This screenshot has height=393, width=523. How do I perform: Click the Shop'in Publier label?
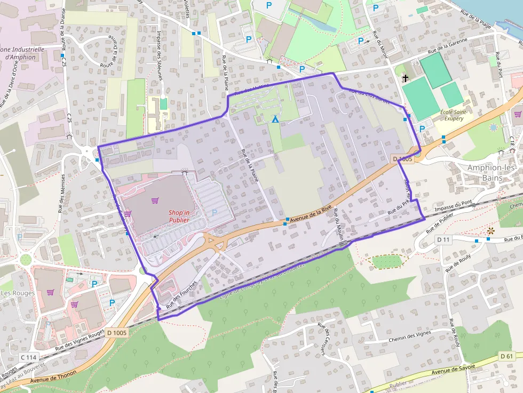coord(179,215)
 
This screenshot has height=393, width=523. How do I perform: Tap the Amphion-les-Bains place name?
coord(492,172)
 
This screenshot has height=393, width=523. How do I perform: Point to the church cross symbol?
coord(405,78)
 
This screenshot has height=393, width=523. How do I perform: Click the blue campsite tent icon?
coord(275,119)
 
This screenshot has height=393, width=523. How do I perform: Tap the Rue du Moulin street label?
coord(337,227)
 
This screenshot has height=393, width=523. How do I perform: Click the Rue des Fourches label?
coord(181,295)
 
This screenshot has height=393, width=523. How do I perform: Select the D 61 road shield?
coord(507,356)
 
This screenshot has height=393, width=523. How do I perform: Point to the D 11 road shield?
coord(443,240)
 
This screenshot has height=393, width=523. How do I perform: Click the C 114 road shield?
coord(29,357)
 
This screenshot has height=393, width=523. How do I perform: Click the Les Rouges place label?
coord(17,293)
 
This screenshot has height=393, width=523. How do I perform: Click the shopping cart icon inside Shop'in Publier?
coord(155,200)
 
